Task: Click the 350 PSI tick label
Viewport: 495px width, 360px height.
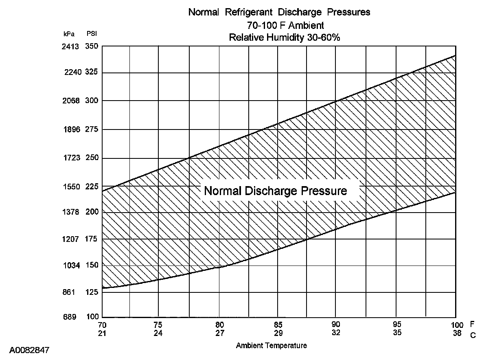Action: (92, 46)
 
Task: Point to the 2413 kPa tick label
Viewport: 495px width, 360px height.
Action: (70, 46)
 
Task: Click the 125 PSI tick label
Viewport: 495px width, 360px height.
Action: (92, 292)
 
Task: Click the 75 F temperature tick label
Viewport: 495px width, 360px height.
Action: (158, 325)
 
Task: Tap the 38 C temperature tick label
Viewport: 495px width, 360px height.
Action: (457, 333)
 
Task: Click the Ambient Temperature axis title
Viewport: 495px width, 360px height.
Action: (272, 346)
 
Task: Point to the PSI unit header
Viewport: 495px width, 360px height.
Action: (92, 34)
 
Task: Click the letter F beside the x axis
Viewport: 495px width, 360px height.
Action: (472, 325)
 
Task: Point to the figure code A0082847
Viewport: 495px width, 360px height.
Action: (29, 350)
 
